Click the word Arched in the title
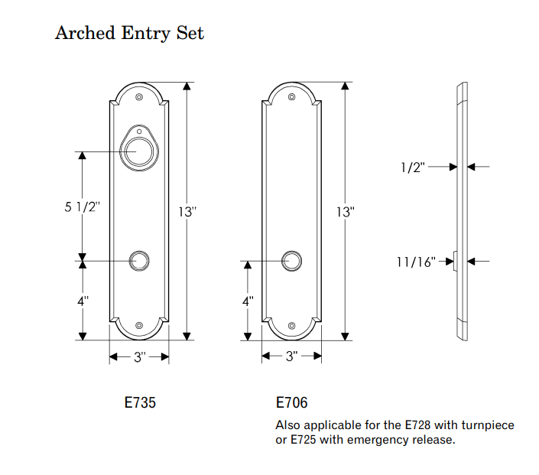(85, 34)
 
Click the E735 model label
(140, 402)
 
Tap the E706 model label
(291, 402)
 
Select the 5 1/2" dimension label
(82, 207)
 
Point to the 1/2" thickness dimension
(413, 168)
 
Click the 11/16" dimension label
(416, 262)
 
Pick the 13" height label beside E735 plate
(187, 212)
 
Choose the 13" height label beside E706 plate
(346, 212)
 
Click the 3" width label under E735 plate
(140, 357)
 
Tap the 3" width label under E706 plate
(292, 356)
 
